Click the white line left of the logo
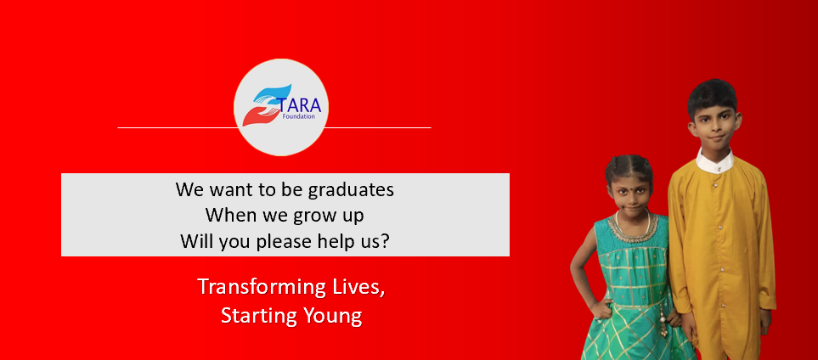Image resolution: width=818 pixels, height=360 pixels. tap(175, 127)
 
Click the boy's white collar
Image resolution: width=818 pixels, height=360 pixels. tap(714, 159)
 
